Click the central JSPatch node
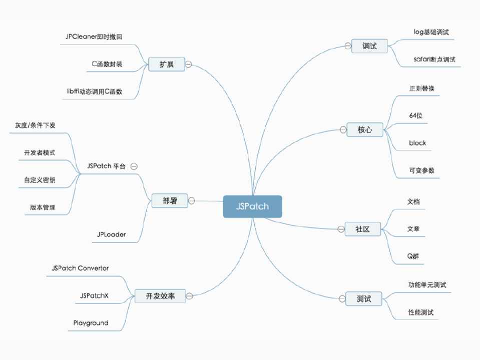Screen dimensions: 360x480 coord(252,206)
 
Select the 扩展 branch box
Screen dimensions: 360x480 coord(166,64)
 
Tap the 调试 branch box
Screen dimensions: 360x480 coord(369,46)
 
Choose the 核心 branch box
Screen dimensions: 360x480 coord(364,129)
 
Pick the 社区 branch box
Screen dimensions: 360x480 coord(362,229)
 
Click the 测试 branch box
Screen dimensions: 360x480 coord(364,299)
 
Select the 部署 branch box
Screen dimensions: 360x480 coord(170,201)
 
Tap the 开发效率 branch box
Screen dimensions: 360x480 coord(159,296)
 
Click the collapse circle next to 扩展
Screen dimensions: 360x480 coord(188,64)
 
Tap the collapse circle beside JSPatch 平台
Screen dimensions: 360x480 coord(134,166)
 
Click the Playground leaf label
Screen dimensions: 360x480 coord(91,323)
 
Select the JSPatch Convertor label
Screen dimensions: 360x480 coord(80,268)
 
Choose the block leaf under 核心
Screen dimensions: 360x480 coord(417,143)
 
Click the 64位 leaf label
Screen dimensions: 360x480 coord(416,115)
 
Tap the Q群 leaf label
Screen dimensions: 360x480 coord(413,256)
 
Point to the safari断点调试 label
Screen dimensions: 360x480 coord(434,59)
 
